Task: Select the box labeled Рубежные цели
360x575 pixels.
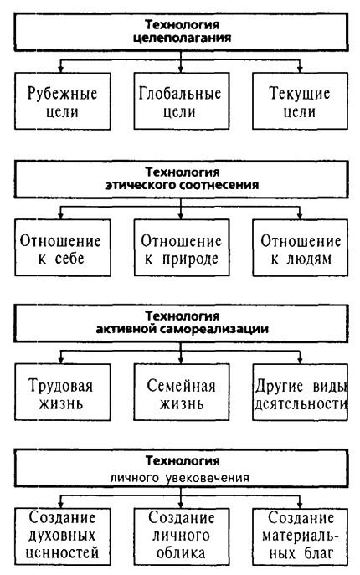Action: [x=59, y=101]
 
